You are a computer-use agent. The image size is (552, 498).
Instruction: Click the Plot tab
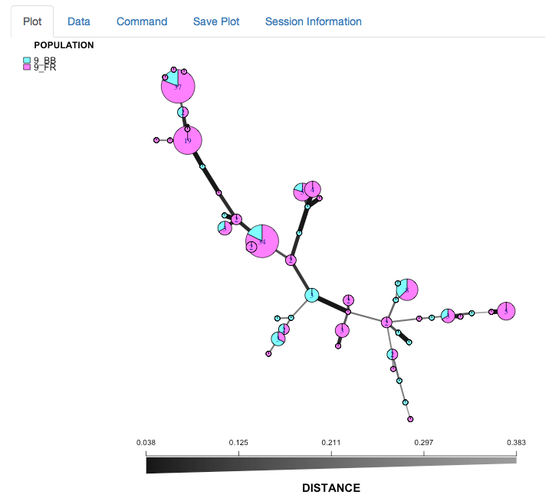pos(32,21)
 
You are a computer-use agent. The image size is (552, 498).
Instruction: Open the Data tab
pos(79,21)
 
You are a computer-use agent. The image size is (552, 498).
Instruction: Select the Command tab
pos(142,21)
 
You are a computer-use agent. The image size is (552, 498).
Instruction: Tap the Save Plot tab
pos(216,21)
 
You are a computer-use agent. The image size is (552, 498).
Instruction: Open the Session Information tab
pos(313,21)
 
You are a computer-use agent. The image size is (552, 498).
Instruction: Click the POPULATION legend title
pos(64,45)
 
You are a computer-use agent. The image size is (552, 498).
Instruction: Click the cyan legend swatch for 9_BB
pos(27,60)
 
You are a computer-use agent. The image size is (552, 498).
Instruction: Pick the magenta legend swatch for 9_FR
pos(27,67)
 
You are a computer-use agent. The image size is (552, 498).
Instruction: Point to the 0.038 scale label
pos(146,442)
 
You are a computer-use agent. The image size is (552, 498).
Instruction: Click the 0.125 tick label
pos(238,442)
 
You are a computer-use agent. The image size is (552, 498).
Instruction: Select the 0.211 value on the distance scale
pos(331,442)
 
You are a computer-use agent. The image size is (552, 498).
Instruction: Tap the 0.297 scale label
pos(424,442)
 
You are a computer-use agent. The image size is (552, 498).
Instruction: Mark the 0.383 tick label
pos(516,442)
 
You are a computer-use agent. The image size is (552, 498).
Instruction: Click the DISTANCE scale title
pos(330,488)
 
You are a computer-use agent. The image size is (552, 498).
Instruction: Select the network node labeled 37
pos(178,87)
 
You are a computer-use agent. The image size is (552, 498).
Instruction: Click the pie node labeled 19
pos(187,141)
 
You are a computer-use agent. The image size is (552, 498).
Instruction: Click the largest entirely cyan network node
pos(312,295)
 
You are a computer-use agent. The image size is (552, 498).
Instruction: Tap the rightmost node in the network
pos(506,310)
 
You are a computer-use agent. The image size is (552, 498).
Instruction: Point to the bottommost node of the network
pos(411,419)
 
